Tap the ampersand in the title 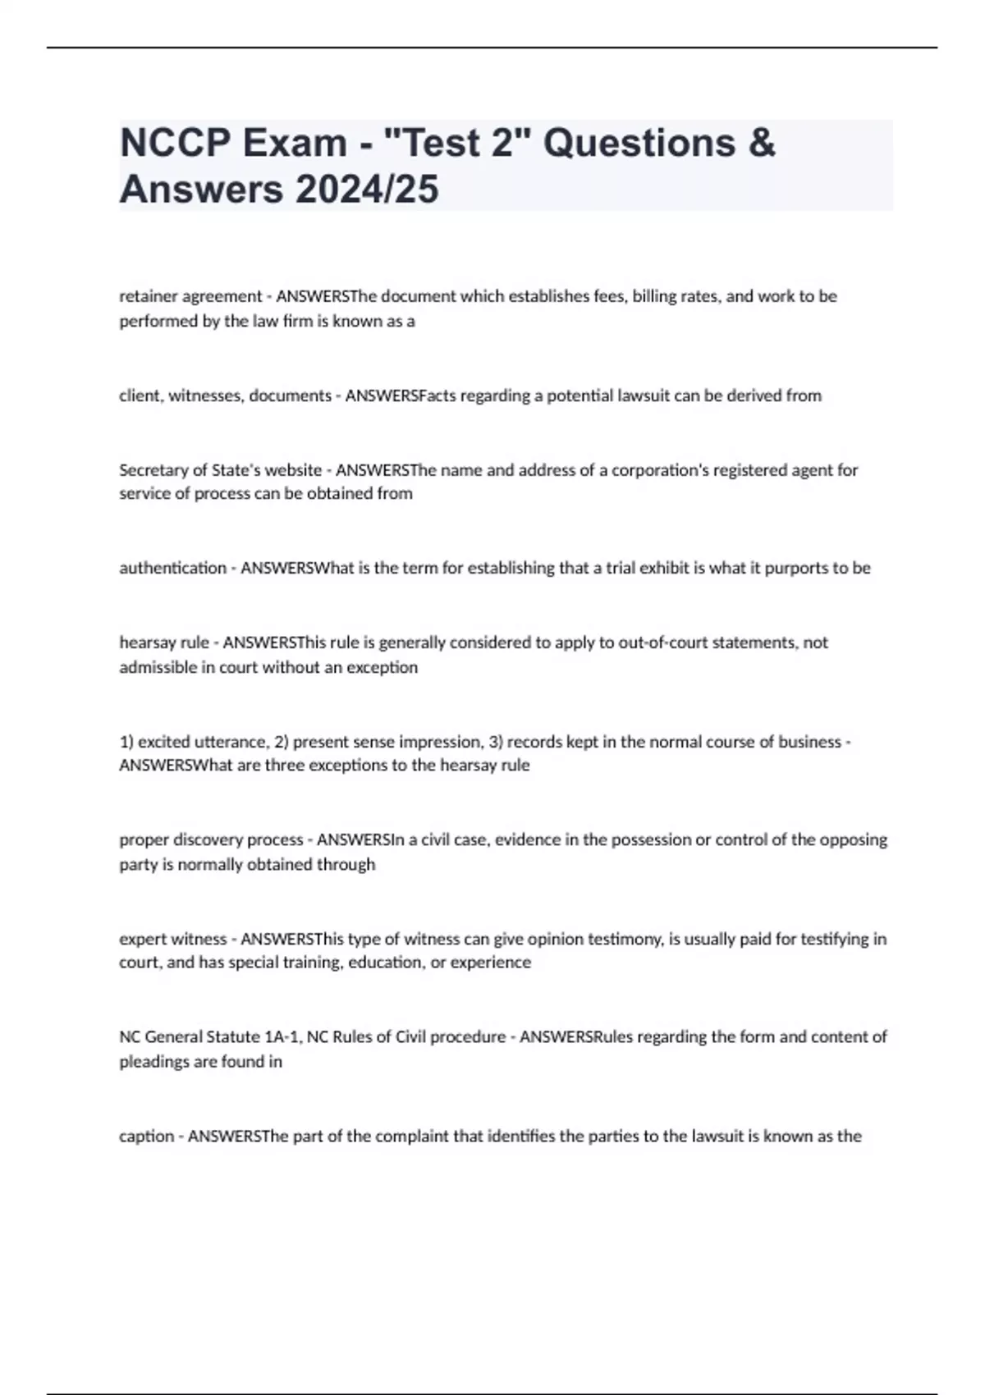pos(762,143)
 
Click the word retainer pos(149,296)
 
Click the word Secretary pos(153,470)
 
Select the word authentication pos(172,568)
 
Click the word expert pos(143,939)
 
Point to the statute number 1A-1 pos(282,1036)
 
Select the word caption pos(146,1137)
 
